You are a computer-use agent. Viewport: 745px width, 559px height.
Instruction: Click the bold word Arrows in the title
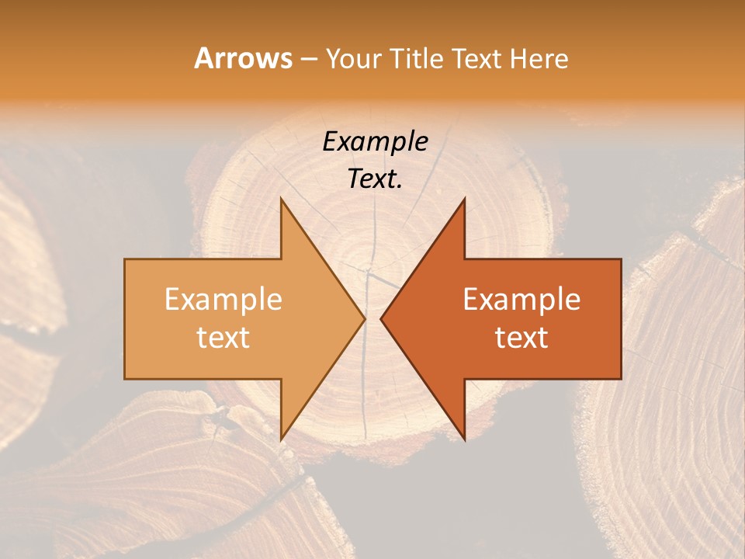click(x=244, y=58)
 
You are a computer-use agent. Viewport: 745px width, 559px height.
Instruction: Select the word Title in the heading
click(x=420, y=58)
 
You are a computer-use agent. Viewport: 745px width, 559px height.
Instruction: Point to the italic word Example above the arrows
click(x=375, y=141)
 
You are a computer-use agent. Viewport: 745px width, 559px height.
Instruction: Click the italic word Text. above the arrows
click(x=375, y=179)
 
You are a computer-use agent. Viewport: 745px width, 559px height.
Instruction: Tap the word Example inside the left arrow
click(x=223, y=299)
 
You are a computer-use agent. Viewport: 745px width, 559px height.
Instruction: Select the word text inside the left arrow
click(x=223, y=338)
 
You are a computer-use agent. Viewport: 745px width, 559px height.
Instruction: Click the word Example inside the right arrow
click(x=521, y=299)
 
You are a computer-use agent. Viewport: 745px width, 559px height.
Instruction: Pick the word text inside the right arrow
click(x=521, y=338)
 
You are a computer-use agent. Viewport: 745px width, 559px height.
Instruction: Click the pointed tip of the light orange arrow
click(x=365, y=318)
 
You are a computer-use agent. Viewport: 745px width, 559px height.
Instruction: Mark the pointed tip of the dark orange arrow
click(x=381, y=318)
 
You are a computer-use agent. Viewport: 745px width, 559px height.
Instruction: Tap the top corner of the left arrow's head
click(x=281, y=199)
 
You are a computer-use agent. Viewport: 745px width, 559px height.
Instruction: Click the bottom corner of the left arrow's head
click(x=281, y=439)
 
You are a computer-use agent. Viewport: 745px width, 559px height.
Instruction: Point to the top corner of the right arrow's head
click(x=464, y=199)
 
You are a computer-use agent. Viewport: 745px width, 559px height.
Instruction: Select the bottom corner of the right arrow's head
click(x=464, y=439)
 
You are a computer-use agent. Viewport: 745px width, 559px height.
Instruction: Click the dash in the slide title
click(x=307, y=59)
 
